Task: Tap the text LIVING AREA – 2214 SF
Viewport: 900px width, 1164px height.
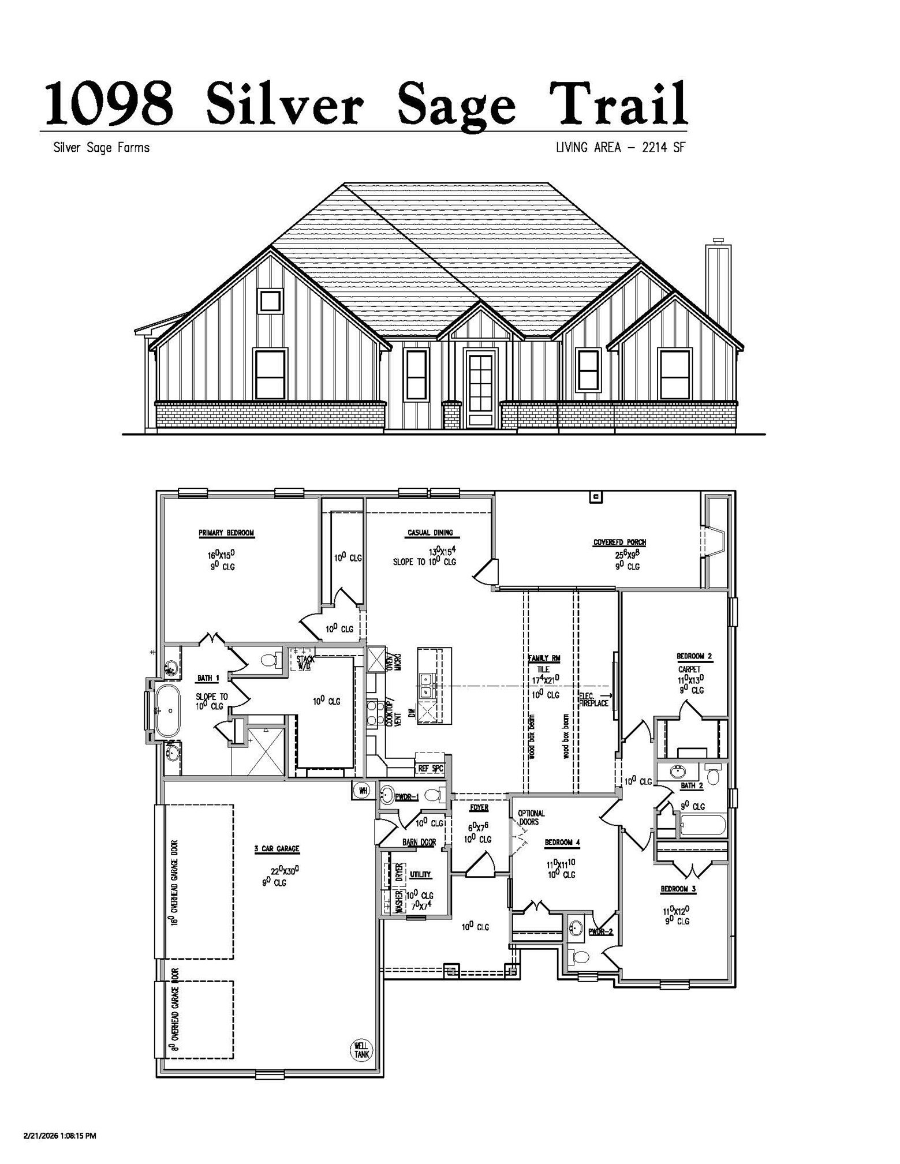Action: point(620,148)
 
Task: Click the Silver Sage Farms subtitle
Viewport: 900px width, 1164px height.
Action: point(101,148)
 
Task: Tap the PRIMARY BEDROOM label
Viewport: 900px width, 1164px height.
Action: point(226,533)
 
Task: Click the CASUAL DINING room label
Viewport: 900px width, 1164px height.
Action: point(430,533)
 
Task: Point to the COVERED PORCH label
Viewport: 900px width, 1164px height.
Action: point(619,542)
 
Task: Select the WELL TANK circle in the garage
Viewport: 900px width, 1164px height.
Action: point(361,1049)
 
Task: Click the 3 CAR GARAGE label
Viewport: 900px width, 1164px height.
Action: point(277,849)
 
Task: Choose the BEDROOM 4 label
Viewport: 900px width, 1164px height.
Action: point(562,843)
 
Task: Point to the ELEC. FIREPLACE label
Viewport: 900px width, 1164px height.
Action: point(593,700)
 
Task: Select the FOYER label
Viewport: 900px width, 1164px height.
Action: point(479,808)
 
